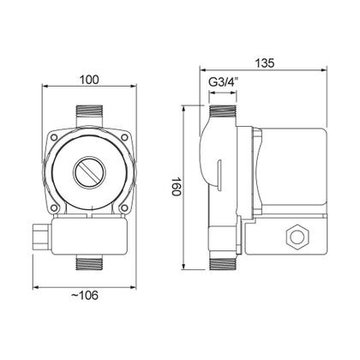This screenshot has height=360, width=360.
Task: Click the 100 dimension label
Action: click(x=89, y=80)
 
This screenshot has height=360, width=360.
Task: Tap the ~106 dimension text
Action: click(x=85, y=295)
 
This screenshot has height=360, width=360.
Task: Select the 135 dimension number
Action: click(x=264, y=63)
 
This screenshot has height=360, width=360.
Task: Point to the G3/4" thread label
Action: click(x=224, y=82)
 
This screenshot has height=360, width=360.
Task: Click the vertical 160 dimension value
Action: click(x=177, y=186)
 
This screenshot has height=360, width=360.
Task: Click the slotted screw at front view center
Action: click(x=89, y=172)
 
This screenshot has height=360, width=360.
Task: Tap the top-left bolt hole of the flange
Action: click(x=53, y=138)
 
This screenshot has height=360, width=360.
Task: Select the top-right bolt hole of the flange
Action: click(x=124, y=138)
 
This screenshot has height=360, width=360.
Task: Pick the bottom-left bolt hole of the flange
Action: click(x=53, y=208)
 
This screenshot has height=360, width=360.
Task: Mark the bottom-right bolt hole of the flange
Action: click(x=124, y=208)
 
